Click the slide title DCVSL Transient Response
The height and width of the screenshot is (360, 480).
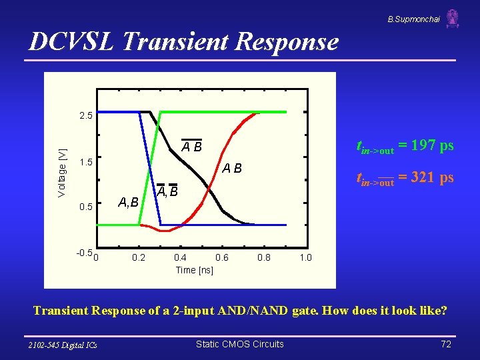click(x=183, y=41)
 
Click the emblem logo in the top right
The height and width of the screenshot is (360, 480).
click(x=453, y=18)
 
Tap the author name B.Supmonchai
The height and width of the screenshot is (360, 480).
click(x=413, y=19)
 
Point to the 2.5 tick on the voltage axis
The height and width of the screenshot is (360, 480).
click(x=86, y=116)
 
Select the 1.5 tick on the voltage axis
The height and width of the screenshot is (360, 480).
click(x=86, y=162)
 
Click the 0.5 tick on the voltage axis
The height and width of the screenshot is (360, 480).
click(x=86, y=207)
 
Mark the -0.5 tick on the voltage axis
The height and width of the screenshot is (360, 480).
click(x=84, y=253)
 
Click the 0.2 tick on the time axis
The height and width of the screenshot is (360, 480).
click(x=139, y=257)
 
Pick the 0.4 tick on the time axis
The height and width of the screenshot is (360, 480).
click(x=180, y=257)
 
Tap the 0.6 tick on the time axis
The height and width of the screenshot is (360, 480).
click(x=222, y=257)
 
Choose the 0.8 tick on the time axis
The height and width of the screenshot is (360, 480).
click(x=263, y=257)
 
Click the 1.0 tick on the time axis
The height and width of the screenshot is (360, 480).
click(x=305, y=257)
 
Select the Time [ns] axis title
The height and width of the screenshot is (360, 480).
click(x=194, y=269)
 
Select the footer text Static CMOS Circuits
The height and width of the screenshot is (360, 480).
click(x=239, y=344)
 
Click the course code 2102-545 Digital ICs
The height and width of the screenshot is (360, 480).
click(x=63, y=345)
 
